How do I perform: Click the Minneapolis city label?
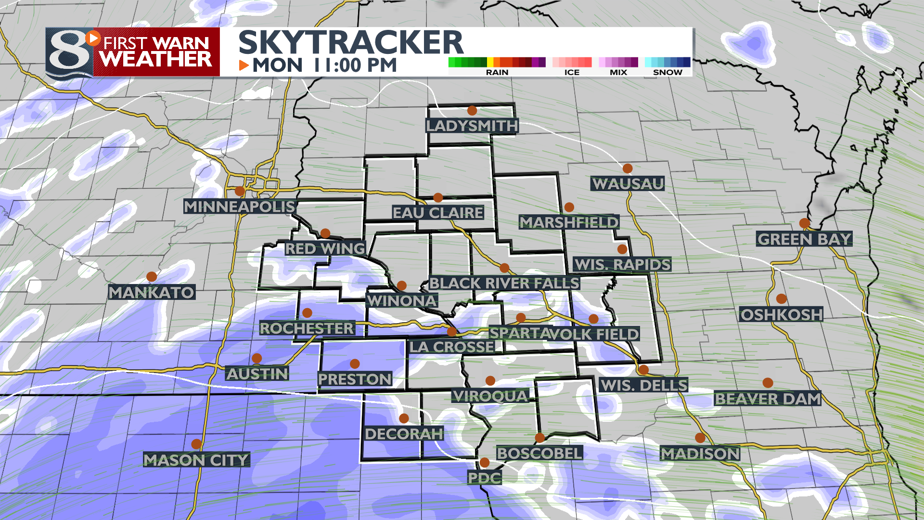pos(239,207)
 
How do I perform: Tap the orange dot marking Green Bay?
pos(805,223)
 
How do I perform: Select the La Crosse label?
pos(451,347)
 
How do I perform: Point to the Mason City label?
pos(196,460)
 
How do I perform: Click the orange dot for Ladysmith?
pos(472,111)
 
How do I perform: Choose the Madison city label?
pos(700,454)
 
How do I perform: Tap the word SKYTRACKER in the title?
pos(351,42)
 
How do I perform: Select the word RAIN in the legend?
pos(497,72)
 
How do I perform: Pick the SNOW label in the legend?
pos(667,72)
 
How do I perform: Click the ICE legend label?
pos(572,72)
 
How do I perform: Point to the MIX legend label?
pos(618,72)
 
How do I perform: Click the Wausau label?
pos(628,184)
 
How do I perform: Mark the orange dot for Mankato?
pos(152,277)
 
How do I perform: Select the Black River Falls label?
pos(504,283)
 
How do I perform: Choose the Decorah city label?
pos(404,434)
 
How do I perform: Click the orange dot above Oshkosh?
pos(782,299)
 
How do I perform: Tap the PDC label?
pos(485,478)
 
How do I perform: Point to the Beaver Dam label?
pos(768,399)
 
